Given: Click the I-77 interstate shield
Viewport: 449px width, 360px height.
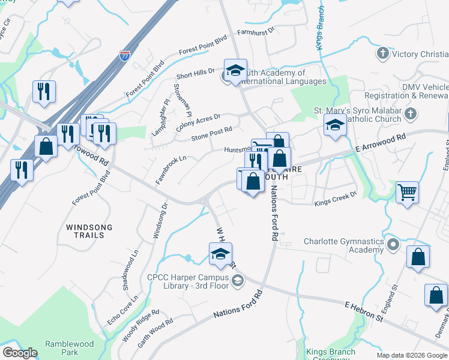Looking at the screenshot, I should click(124, 56).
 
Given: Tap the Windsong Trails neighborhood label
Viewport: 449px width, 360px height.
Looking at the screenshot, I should click(85, 231).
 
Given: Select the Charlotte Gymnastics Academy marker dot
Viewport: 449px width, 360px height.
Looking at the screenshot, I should click(393, 245).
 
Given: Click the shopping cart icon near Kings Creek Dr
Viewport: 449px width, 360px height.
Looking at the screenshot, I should click(407, 192).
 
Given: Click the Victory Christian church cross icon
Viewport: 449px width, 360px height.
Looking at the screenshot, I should click(382, 54).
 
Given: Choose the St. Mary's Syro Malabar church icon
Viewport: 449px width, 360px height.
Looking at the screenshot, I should click(411, 113).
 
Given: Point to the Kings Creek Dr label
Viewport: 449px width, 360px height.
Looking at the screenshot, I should click(336, 199).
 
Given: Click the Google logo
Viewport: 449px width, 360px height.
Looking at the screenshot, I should click(20, 353).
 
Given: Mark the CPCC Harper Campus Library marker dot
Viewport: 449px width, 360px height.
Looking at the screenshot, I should click(238, 280).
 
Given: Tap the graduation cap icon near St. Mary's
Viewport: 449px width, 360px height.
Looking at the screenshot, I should click(335, 125).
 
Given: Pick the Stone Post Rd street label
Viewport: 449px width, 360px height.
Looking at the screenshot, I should click(211, 133).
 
